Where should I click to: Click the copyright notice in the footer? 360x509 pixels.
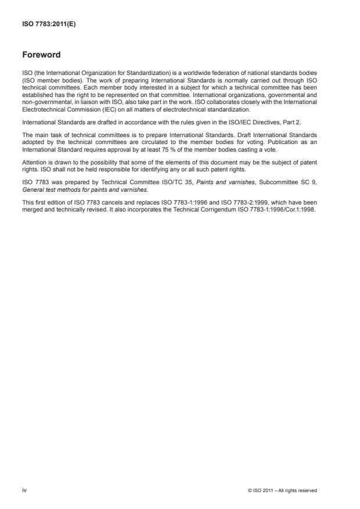282,490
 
